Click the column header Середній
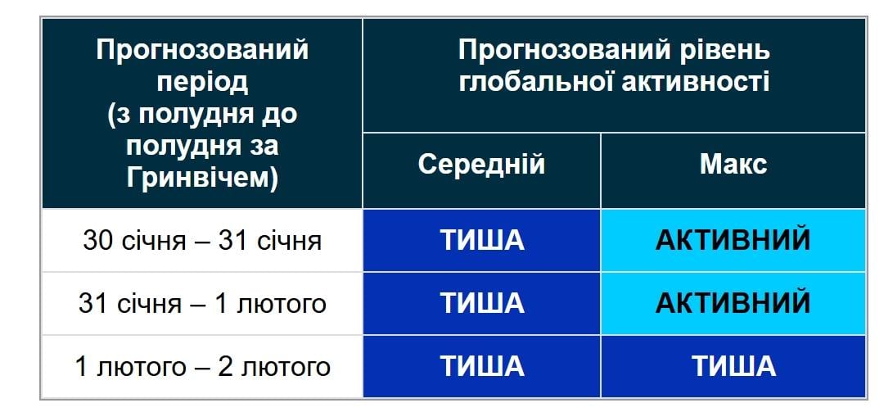coord(481,165)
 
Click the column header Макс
coord(733,165)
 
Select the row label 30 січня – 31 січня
coord(202,241)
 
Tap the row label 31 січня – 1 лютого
coord(202,303)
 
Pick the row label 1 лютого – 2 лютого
coord(202,365)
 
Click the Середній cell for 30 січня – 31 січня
coord(481,241)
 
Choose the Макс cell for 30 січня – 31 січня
coord(733,241)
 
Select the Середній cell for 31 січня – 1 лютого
coord(481,303)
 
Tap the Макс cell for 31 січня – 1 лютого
coord(733,303)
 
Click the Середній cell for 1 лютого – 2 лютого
coord(481,365)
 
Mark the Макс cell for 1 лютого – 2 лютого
coord(733,365)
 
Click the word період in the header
coord(202,82)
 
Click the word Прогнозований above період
coord(202,51)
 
